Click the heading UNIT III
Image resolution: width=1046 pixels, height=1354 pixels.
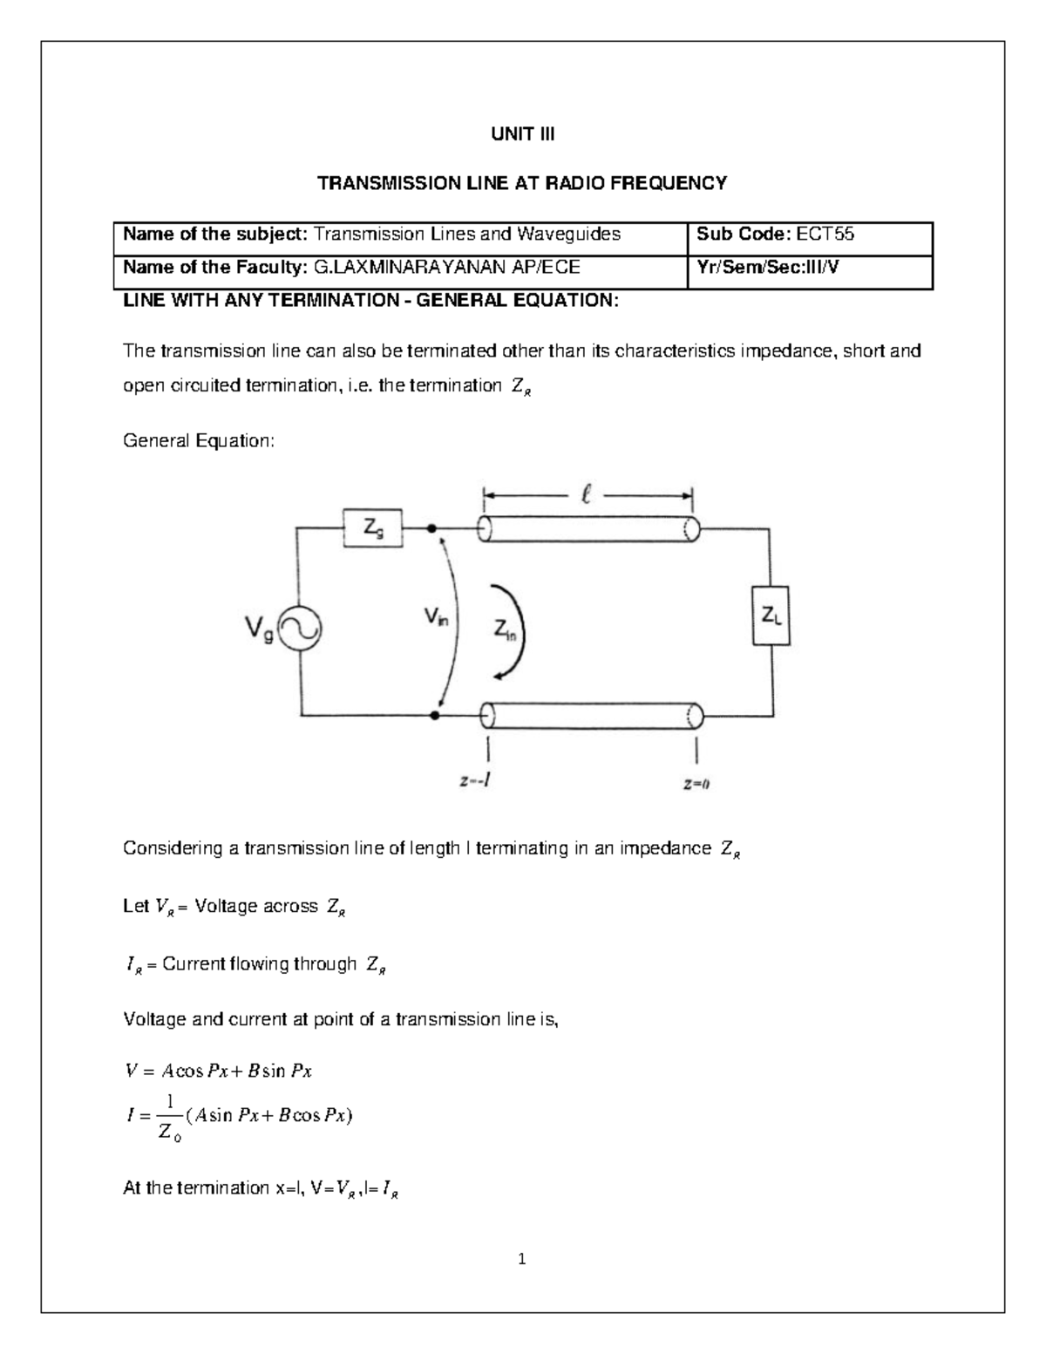coord(522,134)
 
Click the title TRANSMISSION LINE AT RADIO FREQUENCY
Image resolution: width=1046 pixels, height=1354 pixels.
coord(522,183)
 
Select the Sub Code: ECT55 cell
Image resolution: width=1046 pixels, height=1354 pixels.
coord(775,234)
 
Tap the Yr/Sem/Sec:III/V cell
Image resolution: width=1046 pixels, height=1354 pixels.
coord(768,267)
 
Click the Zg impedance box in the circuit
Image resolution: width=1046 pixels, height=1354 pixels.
coord(372,529)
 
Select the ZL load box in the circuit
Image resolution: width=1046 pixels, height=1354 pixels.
coord(771,616)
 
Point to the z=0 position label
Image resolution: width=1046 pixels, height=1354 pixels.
coord(696,784)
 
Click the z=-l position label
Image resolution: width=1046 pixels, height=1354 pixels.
coord(475,782)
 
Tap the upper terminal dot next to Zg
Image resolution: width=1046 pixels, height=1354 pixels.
coord(431,528)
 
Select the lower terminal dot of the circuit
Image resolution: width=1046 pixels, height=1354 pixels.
coord(433,716)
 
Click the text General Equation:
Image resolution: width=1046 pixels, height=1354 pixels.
coord(198,441)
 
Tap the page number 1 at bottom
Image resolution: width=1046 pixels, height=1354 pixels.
coord(521,1259)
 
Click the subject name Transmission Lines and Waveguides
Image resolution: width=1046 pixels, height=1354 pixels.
coord(467,234)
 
